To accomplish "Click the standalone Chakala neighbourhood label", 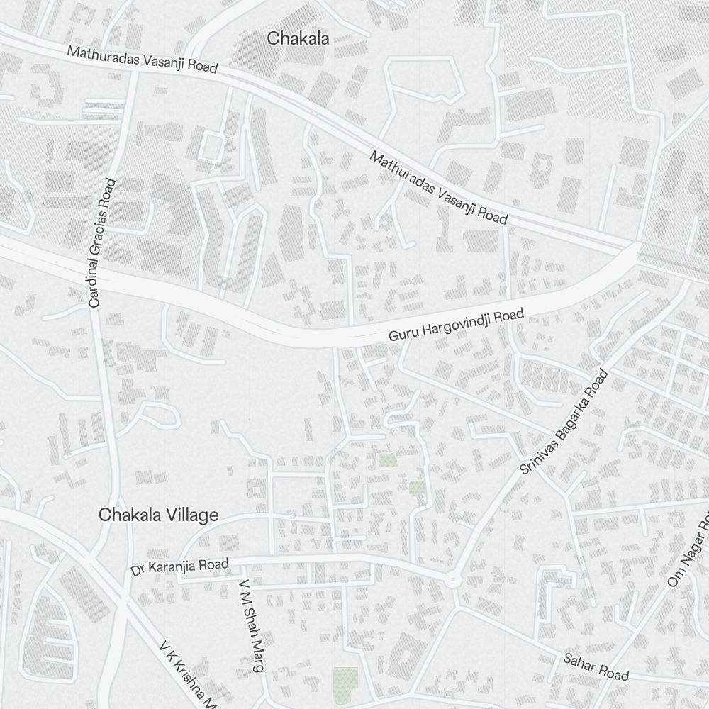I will (298, 39).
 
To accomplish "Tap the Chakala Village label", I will (159, 515).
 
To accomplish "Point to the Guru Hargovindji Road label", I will (455, 325).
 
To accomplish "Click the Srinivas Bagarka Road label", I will (564, 422).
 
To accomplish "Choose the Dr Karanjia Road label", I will (180, 567).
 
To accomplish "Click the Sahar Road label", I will (596, 666).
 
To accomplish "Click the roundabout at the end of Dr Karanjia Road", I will (452, 581).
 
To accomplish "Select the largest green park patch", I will (345, 681).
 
